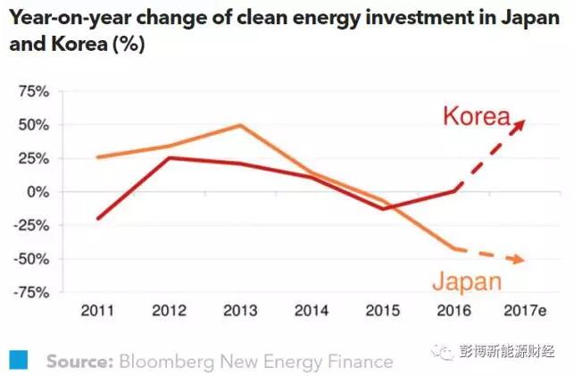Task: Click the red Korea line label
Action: [x=478, y=116]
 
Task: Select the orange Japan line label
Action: [x=466, y=283]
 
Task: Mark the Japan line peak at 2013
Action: [x=240, y=125]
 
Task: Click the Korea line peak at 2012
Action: [x=168, y=158]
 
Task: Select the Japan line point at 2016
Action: [x=454, y=248]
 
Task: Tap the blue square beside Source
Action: [x=21, y=359]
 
